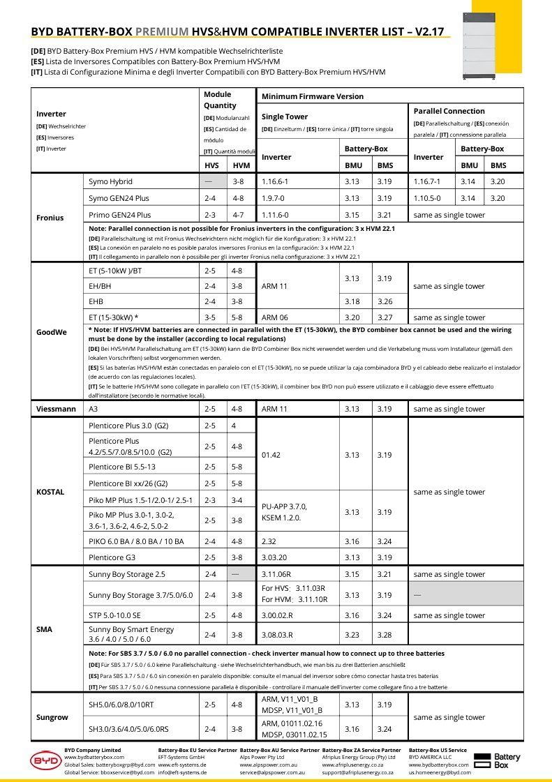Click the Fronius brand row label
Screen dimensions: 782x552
click(x=50, y=218)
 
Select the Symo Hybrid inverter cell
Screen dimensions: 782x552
click(x=110, y=181)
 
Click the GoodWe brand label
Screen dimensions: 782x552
click(x=51, y=332)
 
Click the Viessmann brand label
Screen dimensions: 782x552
click(x=56, y=409)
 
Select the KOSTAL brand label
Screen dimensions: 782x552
click(x=50, y=492)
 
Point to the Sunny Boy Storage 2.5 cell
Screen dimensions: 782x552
click(x=127, y=574)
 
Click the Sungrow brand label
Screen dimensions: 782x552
click(x=52, y=717)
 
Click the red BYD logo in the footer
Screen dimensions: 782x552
click(x=46, y=760)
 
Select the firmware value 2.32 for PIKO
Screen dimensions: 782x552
click(x=269, y=541)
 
